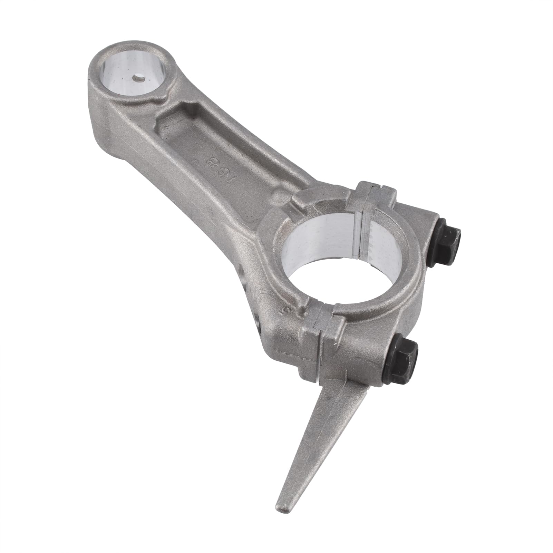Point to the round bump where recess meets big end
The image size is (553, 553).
click(x=276, y=198)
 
